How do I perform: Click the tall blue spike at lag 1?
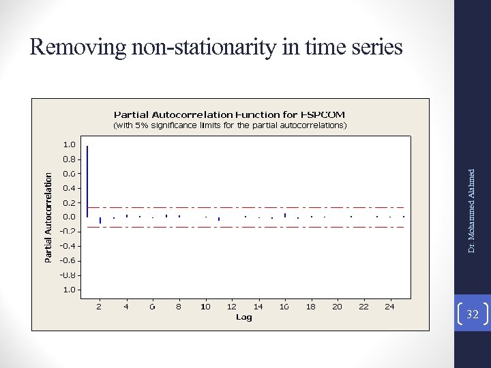pos(87,181)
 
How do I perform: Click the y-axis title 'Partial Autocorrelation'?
pos(48,217)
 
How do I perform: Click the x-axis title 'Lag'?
pos(243,317)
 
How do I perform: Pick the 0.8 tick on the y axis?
pos(70,159)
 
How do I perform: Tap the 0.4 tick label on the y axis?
pos(70,188)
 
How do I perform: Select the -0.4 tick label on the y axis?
pos(68,246)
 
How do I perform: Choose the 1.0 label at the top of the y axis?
pos(70,144)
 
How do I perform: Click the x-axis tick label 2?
pos(99,307)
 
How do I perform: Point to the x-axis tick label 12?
pos(232,307)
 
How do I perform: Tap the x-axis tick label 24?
pos(389,307)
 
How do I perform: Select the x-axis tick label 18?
pos(310,307)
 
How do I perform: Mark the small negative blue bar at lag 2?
pos(100,220)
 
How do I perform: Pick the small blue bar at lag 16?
pos(285,215)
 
